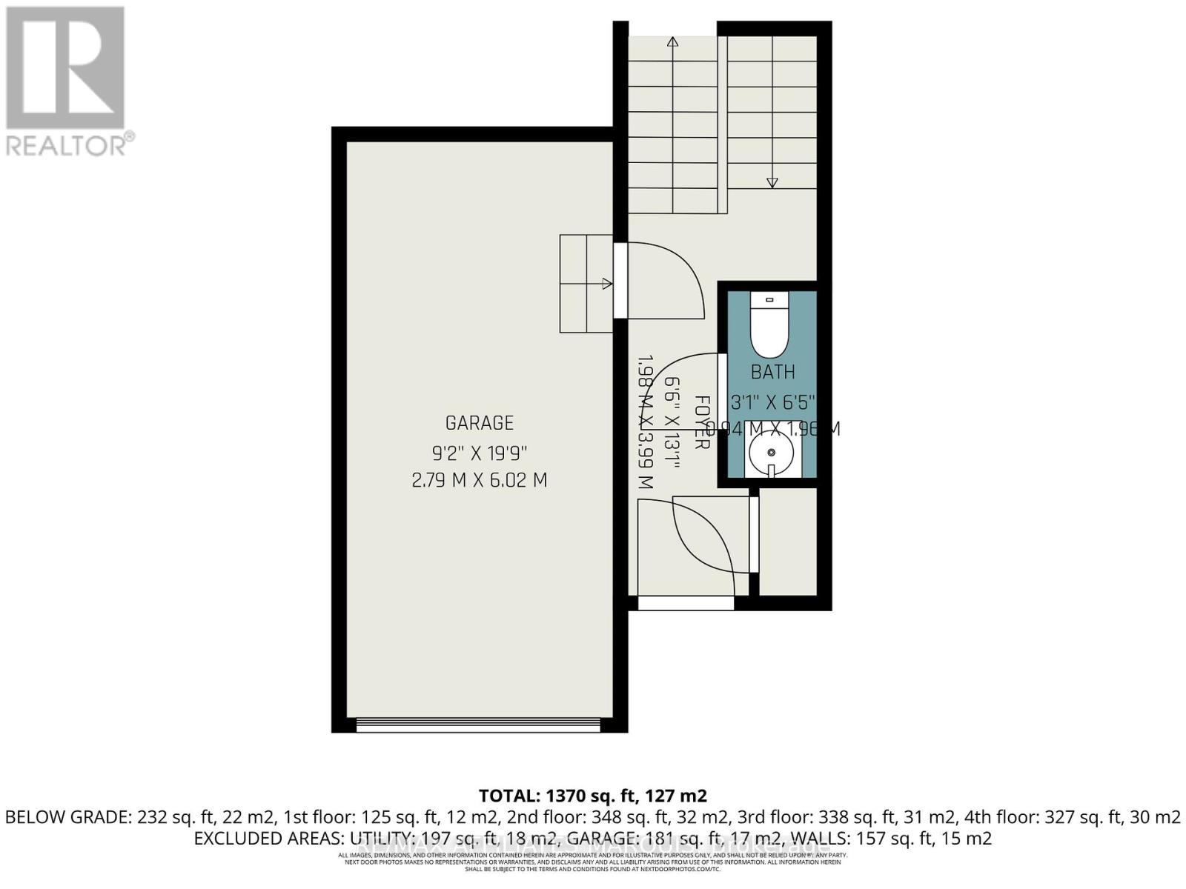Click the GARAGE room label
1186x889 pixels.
[479, 423]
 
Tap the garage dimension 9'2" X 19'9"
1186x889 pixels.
[479, 452]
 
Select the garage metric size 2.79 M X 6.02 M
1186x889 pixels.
[479, 480]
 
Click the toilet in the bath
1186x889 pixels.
[771, 326]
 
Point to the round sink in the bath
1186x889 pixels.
[772, 452]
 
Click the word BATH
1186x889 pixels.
[772, 372]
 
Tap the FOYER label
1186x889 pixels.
[701, 422]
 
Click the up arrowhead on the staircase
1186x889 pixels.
[673, 42]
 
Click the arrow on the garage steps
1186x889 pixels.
[606, 283]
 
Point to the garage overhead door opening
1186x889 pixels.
[478, 725]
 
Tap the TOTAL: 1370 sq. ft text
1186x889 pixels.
[593, 796]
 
